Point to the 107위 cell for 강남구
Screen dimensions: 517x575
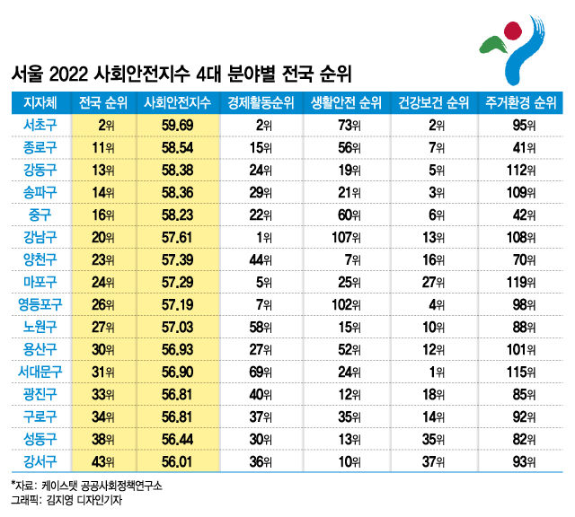click(x=343, y=237)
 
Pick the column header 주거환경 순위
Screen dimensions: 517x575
click(x=518, y=101)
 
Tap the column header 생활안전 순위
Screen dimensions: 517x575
click(x=346, y=101)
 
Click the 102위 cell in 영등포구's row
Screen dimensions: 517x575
click(x=343, y=303)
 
